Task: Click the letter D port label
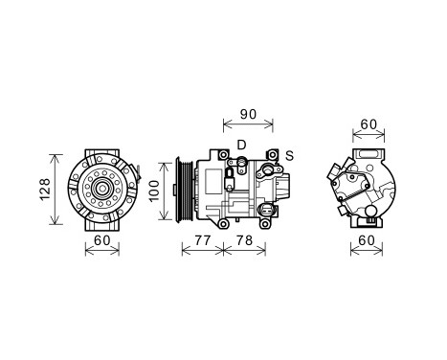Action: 241,145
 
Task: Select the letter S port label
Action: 289,154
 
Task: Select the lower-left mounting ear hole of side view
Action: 223,223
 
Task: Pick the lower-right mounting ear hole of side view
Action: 275,223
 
